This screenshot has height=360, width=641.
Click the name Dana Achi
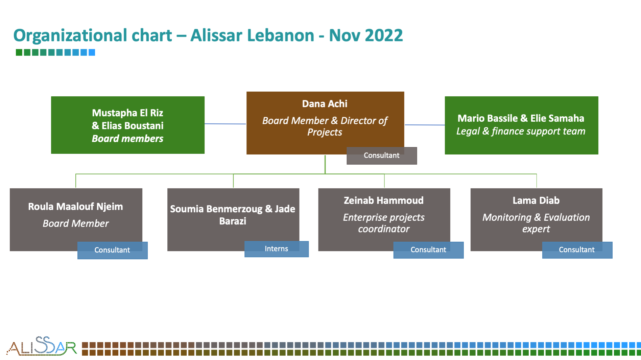point(325,104)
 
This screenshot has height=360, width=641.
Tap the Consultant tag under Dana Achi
point(382,155)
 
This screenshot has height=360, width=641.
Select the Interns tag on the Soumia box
point(277,249)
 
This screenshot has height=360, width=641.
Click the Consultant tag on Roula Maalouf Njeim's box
point(112,250)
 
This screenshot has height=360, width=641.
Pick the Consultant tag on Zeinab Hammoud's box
point(428,250)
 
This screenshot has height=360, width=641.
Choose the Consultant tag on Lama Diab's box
point(577,250)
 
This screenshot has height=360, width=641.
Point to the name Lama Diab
point(536,200)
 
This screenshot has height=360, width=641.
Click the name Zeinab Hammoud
point(384,200)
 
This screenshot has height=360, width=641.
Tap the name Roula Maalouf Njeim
point(75,207)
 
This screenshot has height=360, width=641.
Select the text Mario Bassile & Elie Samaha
point(521,118)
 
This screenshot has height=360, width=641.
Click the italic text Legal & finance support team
point(521,131)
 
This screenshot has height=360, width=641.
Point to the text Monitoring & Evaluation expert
point(536,223)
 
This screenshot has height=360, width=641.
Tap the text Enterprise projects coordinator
point(384,223)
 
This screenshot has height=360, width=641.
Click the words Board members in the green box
point(127,139)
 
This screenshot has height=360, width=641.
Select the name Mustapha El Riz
point(127,113)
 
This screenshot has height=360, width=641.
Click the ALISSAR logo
point(42,346)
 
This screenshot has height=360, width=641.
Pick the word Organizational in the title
point(93,36)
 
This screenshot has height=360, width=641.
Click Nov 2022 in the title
point(366,35)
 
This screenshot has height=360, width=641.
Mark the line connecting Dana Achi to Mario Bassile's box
point(425,125)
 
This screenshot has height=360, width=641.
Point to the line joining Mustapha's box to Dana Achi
point(225,124)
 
